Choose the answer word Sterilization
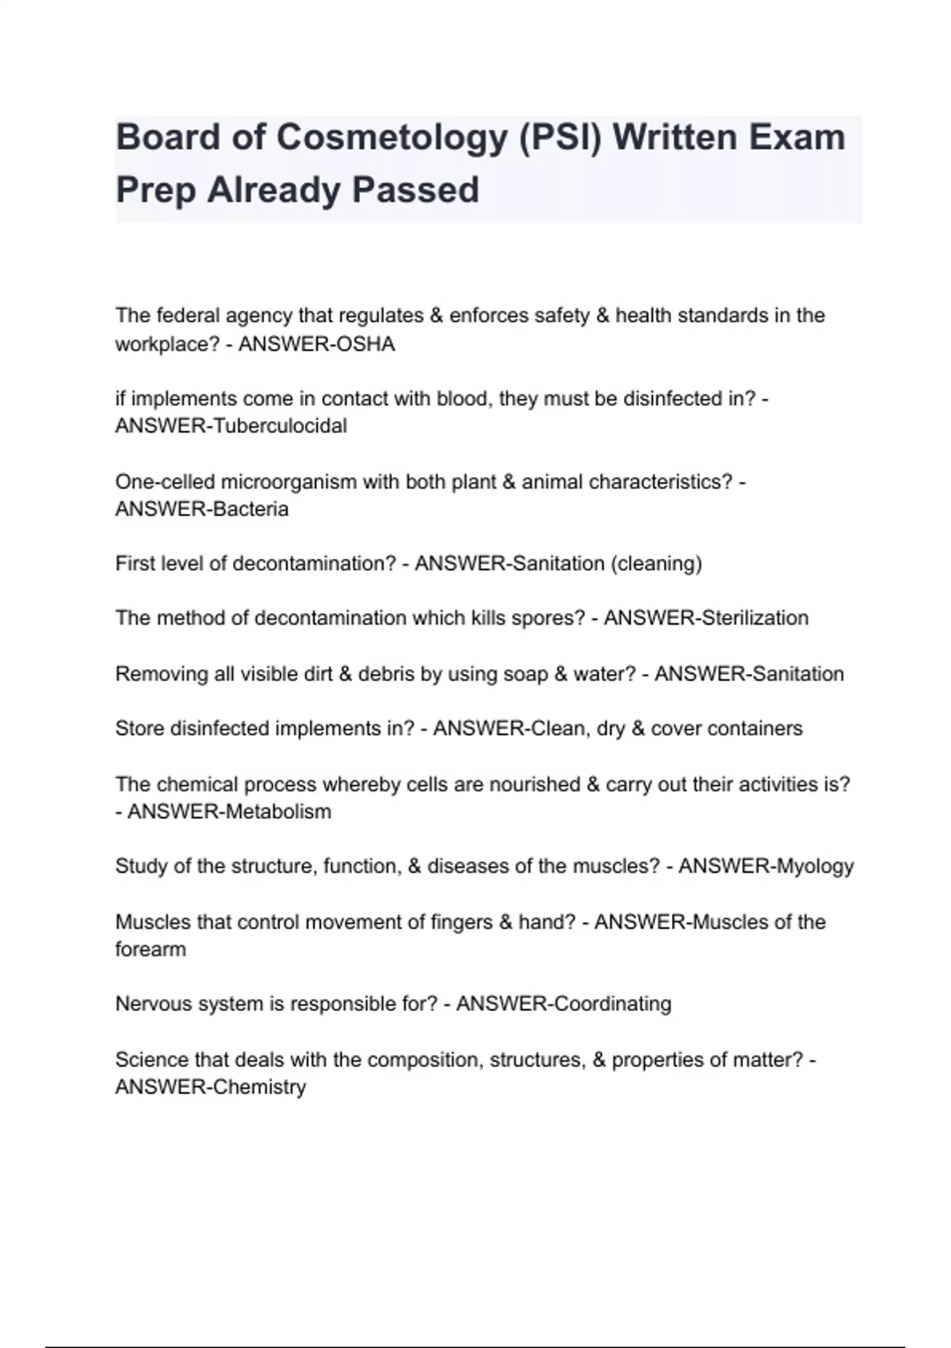[x=755, y=618]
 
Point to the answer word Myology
[x=815, y=867]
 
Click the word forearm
[x=151, y=949]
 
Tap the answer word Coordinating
[x=613, y=1004]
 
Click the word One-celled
[x=164, y=482]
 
